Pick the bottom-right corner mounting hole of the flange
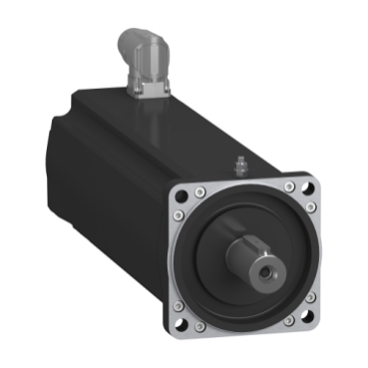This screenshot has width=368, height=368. pyautogui.click(x=301, y=319)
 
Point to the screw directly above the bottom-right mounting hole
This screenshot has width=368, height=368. pyautogui.click(x=308, y=297)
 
